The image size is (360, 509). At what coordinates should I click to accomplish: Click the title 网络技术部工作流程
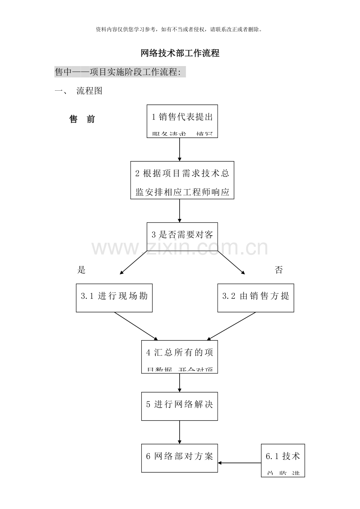tap(180, 53)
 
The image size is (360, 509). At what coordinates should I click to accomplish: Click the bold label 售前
tap(82, 119)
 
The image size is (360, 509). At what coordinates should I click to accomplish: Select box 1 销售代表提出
tap(182, 121)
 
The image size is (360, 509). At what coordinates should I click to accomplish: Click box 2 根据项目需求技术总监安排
tap(182, 180)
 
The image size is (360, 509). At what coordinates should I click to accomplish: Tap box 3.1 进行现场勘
tap(114, 298)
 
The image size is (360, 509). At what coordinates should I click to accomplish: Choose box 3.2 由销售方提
tap(256, 298)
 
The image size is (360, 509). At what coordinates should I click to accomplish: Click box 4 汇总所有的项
tap(180, 356)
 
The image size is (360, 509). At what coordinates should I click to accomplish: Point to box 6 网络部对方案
tap(180, 458)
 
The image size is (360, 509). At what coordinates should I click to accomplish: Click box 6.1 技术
tap(283, 460)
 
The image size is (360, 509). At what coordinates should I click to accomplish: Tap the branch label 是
tap(81, 270)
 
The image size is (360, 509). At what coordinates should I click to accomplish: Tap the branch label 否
tap(279, 270)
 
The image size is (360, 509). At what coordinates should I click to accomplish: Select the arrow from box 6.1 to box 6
tap(239, 463)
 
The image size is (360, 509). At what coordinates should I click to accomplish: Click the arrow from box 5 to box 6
tap(180, 432)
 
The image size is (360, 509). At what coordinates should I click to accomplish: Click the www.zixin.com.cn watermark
tap(180, 249)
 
